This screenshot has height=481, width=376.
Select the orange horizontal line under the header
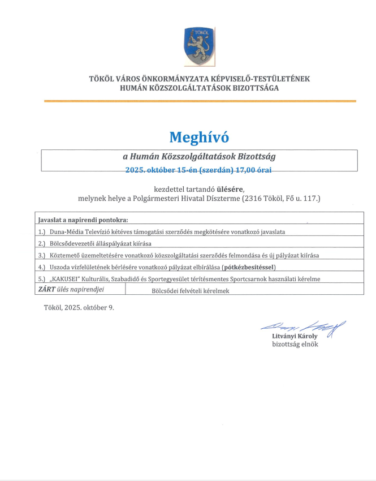(x=200, y=101)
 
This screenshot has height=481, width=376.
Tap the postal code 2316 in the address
(x=254, y=199)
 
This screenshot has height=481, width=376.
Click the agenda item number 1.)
(x=42, y=232)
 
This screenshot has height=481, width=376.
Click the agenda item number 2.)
(x=42, y=243)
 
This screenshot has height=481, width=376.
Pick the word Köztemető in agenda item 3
(x=66, y=255)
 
